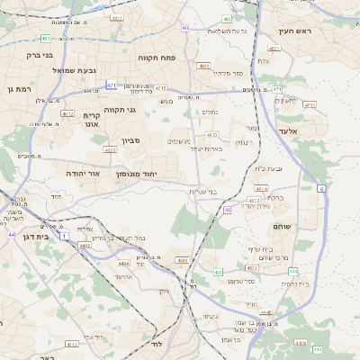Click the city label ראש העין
(x=293, y=31)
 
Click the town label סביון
(x=132, y=141)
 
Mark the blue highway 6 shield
(x=321, y=188)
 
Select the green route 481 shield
(x=45, y=38)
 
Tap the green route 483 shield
(x=204, y=66)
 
